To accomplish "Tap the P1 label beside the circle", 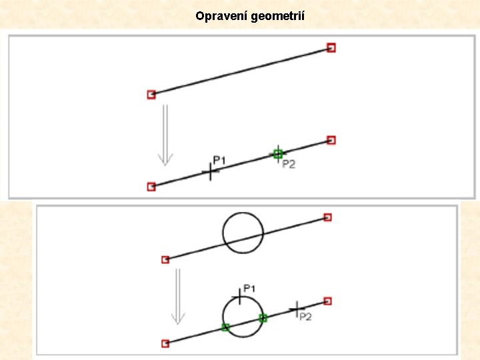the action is [249, 288].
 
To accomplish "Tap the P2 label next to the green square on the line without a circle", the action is [289, 164].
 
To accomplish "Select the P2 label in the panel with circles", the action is [305, 317].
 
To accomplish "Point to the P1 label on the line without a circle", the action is [219, 160].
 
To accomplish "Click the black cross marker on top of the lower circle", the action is [240, 295].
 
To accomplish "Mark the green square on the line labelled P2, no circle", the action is [278, 154].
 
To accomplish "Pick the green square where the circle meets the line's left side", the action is [225, 327].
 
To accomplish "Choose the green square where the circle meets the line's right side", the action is [263, 318].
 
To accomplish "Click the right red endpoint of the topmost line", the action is [331, 47].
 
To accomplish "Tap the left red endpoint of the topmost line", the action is [151, 95].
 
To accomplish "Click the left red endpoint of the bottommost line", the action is [165, 343].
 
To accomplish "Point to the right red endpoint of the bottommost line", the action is [327, 301].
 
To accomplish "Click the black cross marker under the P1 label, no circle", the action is [211, 172].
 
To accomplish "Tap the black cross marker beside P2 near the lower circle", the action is [295, 309].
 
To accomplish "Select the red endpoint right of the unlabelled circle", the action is [327, 217].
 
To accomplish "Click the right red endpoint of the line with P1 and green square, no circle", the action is [331, 140].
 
